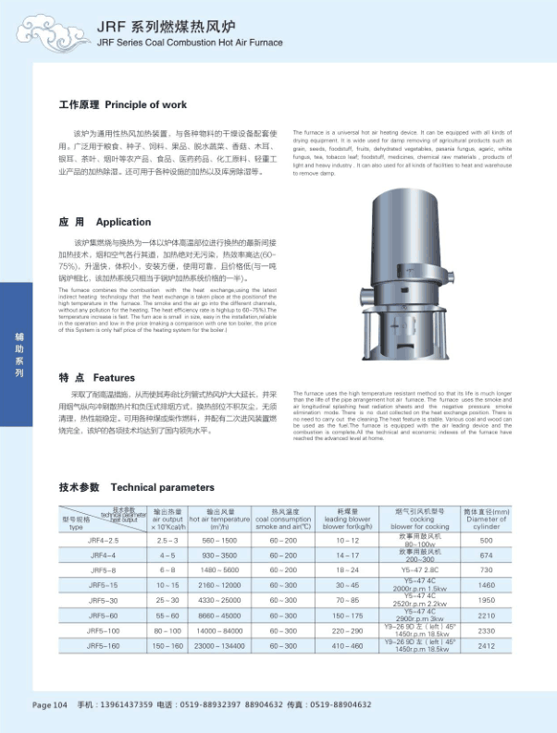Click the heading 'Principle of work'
[145, 105]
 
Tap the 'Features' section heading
[114, 378]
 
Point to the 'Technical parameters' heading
[162, 487]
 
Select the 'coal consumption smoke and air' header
[283, 519]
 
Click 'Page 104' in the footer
[51, 705]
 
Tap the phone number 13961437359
[118, 705]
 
